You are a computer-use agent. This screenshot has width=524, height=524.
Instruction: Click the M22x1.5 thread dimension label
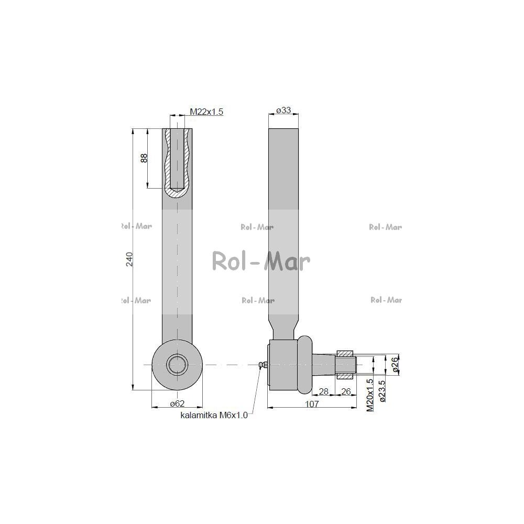pyautogui.click(x=206, y=112)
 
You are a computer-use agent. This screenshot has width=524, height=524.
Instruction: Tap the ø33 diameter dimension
pyautogui.click(x=283, y=110)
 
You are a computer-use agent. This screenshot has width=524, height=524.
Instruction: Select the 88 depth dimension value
pyautogui.click(x=144, y=158)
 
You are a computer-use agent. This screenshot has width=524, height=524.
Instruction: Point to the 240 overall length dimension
pyautogui.click(x=129, y=259)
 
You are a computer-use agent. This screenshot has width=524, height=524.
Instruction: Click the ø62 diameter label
pyautogui.click(x=177, y=403)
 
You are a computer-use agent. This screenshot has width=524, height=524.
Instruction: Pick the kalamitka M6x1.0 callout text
pyautogui.click(x=214, y=416)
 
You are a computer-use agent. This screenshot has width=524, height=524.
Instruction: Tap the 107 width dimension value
pyautogui.click(x=312, y=404)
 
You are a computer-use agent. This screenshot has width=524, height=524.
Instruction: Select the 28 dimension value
pyautogui.click(x=323, y=391)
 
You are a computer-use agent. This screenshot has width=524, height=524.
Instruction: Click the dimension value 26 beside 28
pyautogui.click(x=346, y=391)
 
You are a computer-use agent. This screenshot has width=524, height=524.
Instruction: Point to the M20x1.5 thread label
pyautogui.click(x=369, y=395)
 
